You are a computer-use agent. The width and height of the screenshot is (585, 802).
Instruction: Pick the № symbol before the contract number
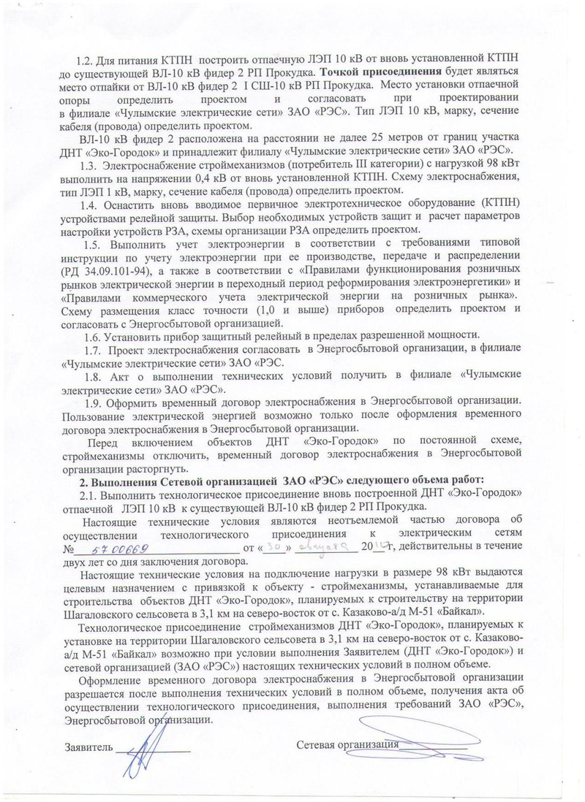pos(70,549)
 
